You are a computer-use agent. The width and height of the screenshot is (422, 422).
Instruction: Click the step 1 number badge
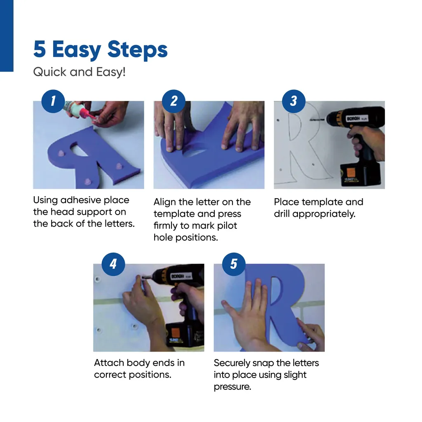pyautogui.click(x=53, y=101)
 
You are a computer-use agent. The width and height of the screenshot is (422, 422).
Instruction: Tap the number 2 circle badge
pyautogui.click(x=173, y=101)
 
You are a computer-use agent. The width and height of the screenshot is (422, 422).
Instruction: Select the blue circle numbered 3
pyautogui.click(x=293, y=101)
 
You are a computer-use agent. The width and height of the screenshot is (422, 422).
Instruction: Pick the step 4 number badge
pyautogui.click(x=113, y=264)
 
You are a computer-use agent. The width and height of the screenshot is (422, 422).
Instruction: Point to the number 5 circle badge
pyautogui.click(x=234, y=264)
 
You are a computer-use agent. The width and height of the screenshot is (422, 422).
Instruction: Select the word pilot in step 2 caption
pyautogui.click(x=227, y=225)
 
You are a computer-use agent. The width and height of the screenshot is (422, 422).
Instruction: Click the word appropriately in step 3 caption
pyautogui.click(x=324, y=214)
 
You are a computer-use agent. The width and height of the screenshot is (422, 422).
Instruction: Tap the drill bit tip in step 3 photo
pyautogui.click(x=311, y=120)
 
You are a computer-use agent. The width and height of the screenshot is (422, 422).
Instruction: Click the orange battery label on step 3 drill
pyautogui.click(x=351, y=172)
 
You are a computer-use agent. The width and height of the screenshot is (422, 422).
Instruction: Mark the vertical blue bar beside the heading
pyautogui.click(x=7, y=36)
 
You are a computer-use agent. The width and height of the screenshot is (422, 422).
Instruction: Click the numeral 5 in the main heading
pyautogui.click(x=40, y=49)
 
